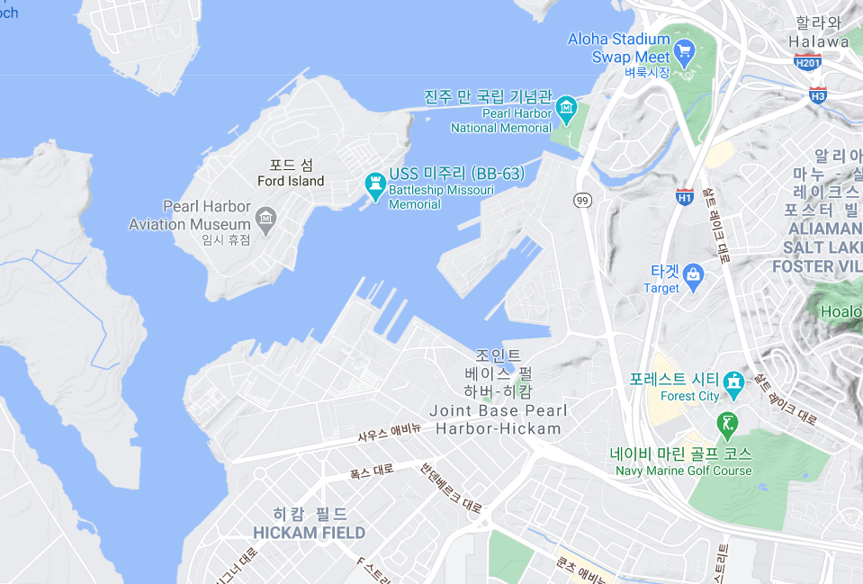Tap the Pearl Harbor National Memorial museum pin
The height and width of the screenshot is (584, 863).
pyautogui.click(x=566, y=109)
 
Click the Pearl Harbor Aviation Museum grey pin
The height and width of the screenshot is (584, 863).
pyautogui.click(x=265, y=217)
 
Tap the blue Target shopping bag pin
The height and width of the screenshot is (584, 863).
pyautogui.click(x=693, y=274)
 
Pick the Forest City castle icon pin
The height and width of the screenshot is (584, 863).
pyautogui.click(x=734, y=382)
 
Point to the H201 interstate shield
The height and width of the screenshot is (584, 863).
pyautogui.click(x=807, y=63)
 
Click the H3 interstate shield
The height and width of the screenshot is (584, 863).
pyautogui.click(x=817, y=94)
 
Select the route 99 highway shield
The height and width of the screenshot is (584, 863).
pyautogui.click(x=582, y=200)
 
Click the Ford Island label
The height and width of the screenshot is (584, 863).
pyautogui.click(x=291, y=181)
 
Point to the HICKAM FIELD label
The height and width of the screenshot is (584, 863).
pyautogui.click(x=310, y=533)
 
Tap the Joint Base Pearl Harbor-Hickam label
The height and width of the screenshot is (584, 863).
pyautogui.click(x=499, y=420)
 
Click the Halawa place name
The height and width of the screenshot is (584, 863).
pyautogui.click(x=818, y=41)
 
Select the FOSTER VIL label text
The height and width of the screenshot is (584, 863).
pyautogui.click(x=816, y=266)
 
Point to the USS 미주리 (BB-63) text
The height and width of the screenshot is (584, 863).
pyautogui.click(x=456, y=174)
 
